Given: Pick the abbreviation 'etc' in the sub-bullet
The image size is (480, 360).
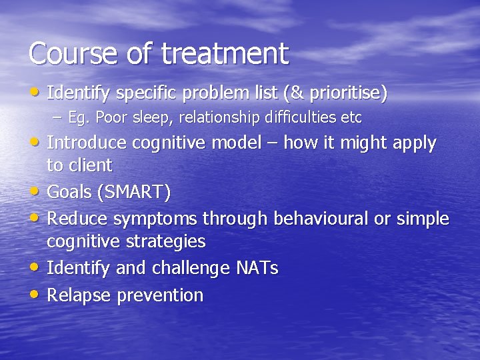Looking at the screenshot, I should point(351,118).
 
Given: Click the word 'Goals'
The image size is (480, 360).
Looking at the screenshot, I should point(70,193).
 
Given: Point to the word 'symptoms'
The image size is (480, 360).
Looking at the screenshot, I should point(157,219).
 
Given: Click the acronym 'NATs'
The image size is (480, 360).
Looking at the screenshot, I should point(257,269).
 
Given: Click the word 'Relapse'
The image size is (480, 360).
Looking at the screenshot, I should point(81,295).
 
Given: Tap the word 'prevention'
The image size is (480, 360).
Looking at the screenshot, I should point(161,295).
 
